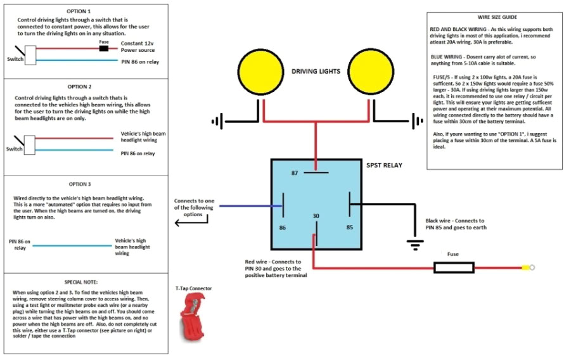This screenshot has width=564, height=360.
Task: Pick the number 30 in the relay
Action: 315,217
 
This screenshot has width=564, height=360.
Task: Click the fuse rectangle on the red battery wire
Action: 454,267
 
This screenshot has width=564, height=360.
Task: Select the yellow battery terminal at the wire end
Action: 525,267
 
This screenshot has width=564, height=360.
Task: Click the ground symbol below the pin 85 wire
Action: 415,243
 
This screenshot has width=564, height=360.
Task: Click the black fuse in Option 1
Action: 105,48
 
